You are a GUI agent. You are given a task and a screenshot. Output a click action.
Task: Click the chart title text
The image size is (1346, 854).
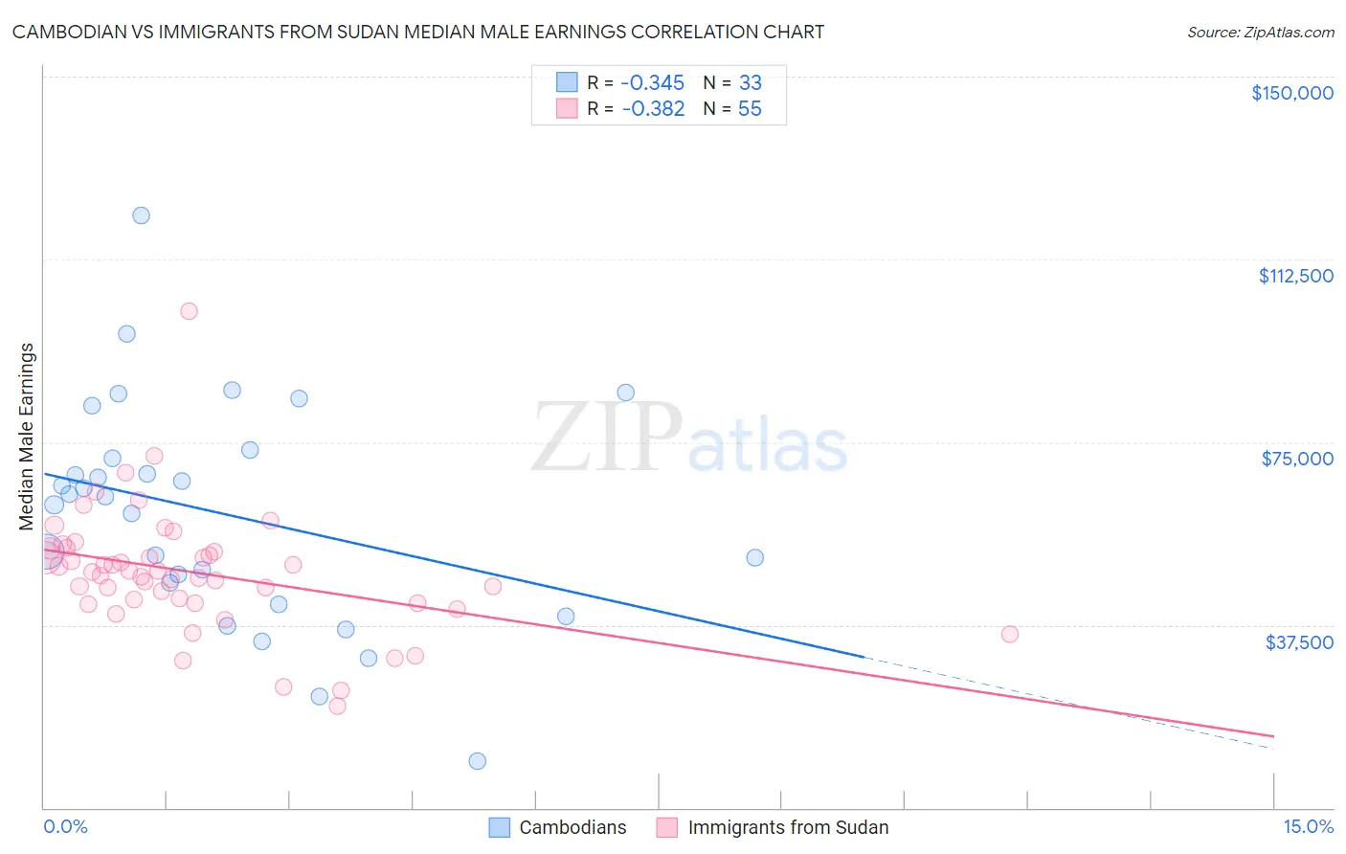(418, 32)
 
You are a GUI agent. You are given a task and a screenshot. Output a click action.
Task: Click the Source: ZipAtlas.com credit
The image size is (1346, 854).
(1260, 33)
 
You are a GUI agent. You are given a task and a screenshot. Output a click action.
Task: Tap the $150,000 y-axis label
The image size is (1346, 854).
(1291, 93)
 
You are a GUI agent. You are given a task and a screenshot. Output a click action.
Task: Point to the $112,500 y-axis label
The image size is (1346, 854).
(1295, 276)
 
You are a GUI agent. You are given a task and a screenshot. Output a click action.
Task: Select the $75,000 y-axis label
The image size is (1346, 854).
(1297, 459)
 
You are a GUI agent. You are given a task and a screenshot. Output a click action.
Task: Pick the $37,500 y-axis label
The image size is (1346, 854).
(1299, 642)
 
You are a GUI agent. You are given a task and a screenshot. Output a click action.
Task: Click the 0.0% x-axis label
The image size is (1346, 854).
(65, 826)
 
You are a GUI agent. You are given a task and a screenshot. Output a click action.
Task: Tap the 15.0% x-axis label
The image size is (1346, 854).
(1307, 826)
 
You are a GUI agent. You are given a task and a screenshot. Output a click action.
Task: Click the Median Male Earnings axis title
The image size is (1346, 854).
(26, 437)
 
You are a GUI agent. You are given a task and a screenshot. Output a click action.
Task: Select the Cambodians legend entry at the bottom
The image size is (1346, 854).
(558, 827)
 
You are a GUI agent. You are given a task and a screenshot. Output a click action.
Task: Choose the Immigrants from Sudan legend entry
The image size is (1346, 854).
(774, 827)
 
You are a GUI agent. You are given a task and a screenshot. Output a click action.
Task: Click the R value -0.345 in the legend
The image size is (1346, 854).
(653, 83)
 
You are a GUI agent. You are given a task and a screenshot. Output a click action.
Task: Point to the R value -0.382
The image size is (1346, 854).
(653, 109)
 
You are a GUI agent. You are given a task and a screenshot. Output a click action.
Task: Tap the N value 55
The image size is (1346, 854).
(750, 109)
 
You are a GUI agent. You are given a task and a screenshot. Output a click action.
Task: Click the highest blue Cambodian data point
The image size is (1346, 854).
(141, 215)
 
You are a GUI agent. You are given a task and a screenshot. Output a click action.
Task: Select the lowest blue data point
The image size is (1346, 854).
(477, 761)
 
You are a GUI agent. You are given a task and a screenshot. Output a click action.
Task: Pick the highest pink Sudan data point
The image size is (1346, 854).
(189, 311)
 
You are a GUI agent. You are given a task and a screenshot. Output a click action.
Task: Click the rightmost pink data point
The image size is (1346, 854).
(1009, 634)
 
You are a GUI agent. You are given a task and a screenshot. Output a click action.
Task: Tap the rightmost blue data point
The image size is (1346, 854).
(754, 557)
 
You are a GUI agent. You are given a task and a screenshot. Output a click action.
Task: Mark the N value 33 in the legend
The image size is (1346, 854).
(750, 83)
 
